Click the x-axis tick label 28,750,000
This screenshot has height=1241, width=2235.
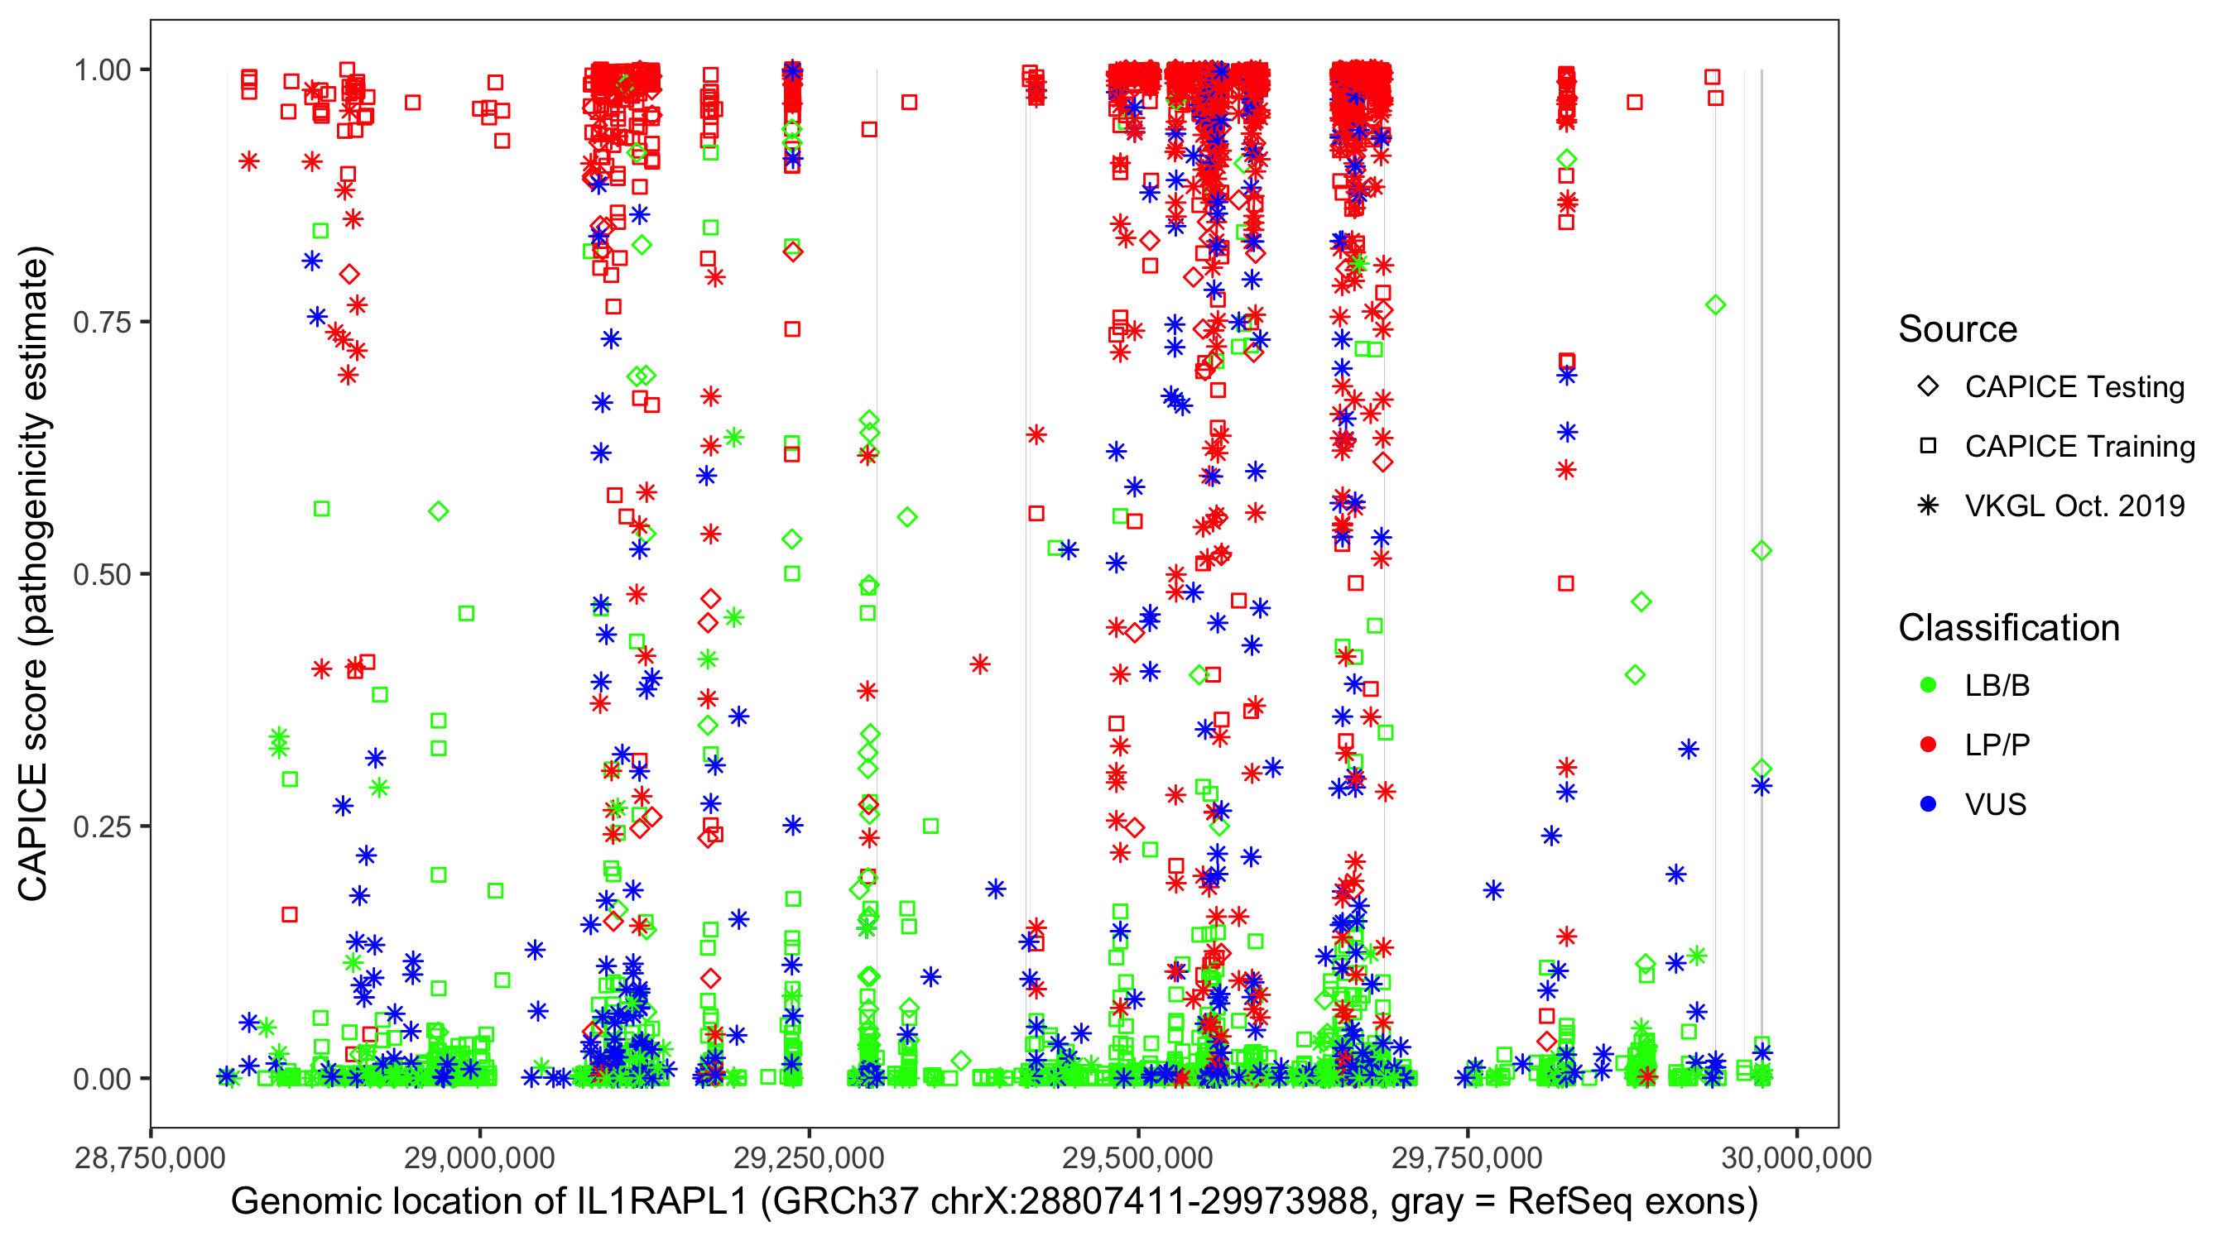(x=150, y=1158)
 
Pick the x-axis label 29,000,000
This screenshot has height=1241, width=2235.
(x=480, y=1158)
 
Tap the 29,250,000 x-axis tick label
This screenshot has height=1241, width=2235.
(x=809, y=1158)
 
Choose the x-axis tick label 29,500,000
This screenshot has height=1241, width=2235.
(x=1137, y=1158)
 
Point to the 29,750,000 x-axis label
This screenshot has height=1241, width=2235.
(x=1467, y=1158)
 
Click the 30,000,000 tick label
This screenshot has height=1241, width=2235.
(x=1796, y=1158)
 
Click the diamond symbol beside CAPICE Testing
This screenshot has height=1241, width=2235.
(x=1928, y=387)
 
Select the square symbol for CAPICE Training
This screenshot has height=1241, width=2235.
(x=1928, y=447)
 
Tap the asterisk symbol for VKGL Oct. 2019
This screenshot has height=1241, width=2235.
(x=1928, y=506)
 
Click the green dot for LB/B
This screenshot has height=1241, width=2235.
(x=1928, y=686)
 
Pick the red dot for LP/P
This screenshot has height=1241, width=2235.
(x=1928, y=745)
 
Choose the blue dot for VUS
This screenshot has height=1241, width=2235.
(x=1928, y=805)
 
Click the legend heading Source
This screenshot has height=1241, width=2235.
(x=1958, y=329)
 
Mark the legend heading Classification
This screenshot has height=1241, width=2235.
(x=2008, y=628)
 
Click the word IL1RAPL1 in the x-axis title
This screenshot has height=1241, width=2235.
(x=661, y=1202)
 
